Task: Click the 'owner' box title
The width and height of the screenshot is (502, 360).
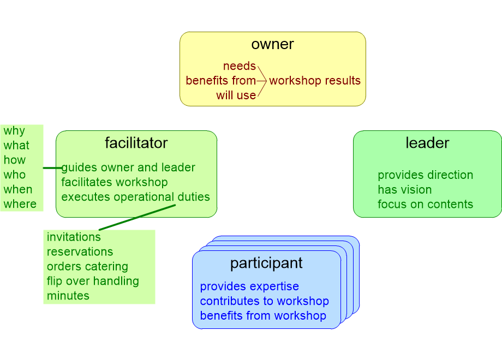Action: (x=272, y=45)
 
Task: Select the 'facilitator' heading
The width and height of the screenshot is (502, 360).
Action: (x=136, y=143)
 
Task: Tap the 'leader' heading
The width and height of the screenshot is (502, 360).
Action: (x=427, y=143)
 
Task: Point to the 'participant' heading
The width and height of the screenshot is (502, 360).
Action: (x=266, y=263)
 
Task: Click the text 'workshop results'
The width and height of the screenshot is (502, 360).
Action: (x=315, y=81)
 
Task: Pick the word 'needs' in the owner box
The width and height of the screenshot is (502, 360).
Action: (x=239, y=66)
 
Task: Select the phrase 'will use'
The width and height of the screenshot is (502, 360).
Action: (x=236, y=95)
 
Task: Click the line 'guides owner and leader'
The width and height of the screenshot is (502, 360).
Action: (x=128, y=167)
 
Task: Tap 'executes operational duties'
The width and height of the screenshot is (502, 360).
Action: (x=135, y=197)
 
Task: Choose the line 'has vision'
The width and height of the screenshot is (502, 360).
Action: (x=404, y=190)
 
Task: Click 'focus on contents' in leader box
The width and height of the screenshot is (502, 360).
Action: (x=425, y=205)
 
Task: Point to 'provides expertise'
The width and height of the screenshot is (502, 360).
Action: (x=249, y=286)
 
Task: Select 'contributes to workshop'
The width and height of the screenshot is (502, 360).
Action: (x=264, y=301)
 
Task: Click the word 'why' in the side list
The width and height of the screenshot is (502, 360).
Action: (x=14, y=131)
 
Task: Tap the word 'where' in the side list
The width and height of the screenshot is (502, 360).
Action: (x=20, y=205)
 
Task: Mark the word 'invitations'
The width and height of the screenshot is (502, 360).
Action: (x=74, y=237)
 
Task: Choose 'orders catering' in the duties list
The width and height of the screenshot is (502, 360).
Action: (x=87, y=267)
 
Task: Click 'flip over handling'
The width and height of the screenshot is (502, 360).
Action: (x=93, y=281)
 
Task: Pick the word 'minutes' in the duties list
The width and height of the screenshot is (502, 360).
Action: (x=68, y=296)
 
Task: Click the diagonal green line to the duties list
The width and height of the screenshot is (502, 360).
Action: (x=137, y=218)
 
